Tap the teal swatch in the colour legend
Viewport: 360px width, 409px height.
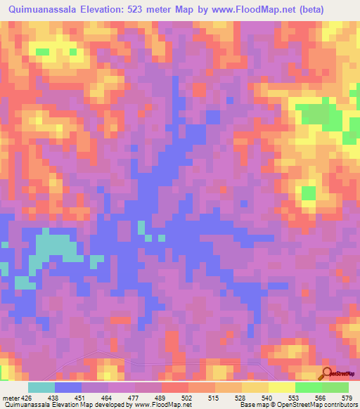coord(41,387)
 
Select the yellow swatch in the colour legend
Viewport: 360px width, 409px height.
coord(281,387)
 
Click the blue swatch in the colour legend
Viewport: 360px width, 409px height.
coord(68,387)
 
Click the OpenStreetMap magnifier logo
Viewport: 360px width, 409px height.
coord(328,375)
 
